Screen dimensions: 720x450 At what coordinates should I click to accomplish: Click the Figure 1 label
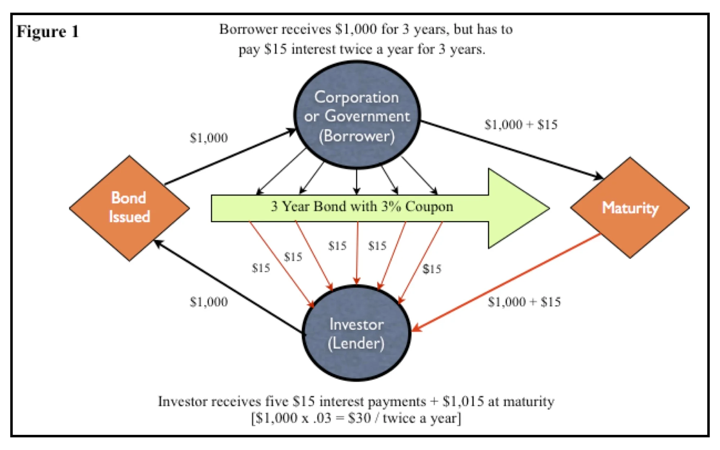click(x=48, y=32)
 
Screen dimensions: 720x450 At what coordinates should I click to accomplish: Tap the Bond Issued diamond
click(x=129, y=208)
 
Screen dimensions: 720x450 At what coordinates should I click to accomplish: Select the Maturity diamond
click(x=630, y=208)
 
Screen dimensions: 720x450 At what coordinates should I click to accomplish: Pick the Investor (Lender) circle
click(x=356, y=333)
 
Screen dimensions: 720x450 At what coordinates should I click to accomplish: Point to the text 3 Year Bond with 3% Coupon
click(x=362, y=207)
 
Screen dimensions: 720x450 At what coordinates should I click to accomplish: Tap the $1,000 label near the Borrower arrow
click(x=209, y=138)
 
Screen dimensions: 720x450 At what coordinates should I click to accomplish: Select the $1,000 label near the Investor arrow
click(x=209, y=302)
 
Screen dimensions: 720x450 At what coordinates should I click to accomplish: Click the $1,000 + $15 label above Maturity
click(x=521, y=125)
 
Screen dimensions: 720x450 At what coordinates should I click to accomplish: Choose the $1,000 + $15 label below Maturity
click(x=524, y=302)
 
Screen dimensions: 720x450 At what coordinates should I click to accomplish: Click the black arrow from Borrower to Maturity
click(x=511, y=149)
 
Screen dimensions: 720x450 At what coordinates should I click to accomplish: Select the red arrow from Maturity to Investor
click(x=504, y=283)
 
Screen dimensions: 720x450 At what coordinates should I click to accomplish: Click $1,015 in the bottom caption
click(x=463, y=401)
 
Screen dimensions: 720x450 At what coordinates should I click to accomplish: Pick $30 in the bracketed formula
click(x=359, y=418)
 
